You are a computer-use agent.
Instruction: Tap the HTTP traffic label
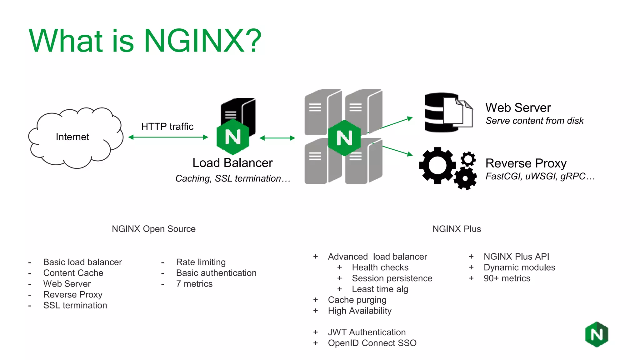click(x=167, y=127)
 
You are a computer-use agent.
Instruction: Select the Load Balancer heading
click(x=232, y=163)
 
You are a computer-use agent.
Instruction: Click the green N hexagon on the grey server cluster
click(x=344, y=138)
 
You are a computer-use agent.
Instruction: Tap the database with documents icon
click(x=448, y=112)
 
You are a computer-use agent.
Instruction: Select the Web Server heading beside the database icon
click(x=518, y=108)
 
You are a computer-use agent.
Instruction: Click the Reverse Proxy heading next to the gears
click(x=526, y=163)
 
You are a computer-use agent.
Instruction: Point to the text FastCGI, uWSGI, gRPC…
click(x=540, y=177)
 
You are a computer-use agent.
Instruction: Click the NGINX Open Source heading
click(x=154, y=229)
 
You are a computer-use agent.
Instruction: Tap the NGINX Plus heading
click(x=457, y=229)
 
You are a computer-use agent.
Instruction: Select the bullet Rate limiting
click(x=201, y=262)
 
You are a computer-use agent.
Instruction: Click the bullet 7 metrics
click(x=194, y=284)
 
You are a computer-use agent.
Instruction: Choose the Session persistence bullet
click(x=392, y=278)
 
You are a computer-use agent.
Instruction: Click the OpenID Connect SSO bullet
click(x=372, y=343)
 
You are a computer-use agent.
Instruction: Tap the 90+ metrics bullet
click(x=507, y=278)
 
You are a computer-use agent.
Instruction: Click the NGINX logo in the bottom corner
click(x=597, y=334)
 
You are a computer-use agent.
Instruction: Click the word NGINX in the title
click(x=194, y=41)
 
